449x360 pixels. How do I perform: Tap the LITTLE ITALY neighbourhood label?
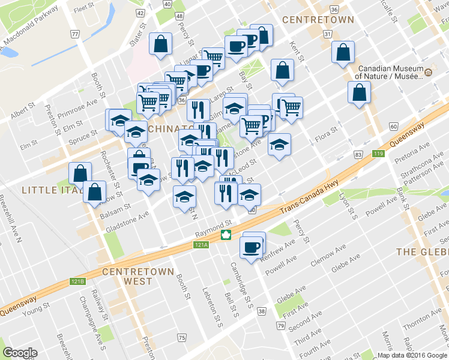pyautogui.click(x=44, y=190)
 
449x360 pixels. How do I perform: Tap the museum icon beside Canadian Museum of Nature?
pyautogui.click(x=429, y=73)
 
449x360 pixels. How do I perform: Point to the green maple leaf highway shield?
pyautogui.click(x=226, y=235)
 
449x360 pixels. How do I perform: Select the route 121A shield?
pyautogui.click(x=200, y=245)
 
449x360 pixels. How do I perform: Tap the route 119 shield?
pyautogui.click(x=378, y=155)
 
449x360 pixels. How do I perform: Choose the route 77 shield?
pyautogui.click(x=75, y=34)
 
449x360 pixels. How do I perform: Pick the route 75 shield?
pyautogui.click(x=182, y=339)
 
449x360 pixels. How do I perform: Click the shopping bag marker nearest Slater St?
pyautogui.click(x=161, y=44)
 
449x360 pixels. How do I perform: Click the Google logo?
pyautogui.click(x=20, y=352)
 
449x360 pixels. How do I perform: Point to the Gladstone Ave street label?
pyautogui.click(x=127, y=222)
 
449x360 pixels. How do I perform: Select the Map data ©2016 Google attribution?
pyautogui.click(x=412, y=355)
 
